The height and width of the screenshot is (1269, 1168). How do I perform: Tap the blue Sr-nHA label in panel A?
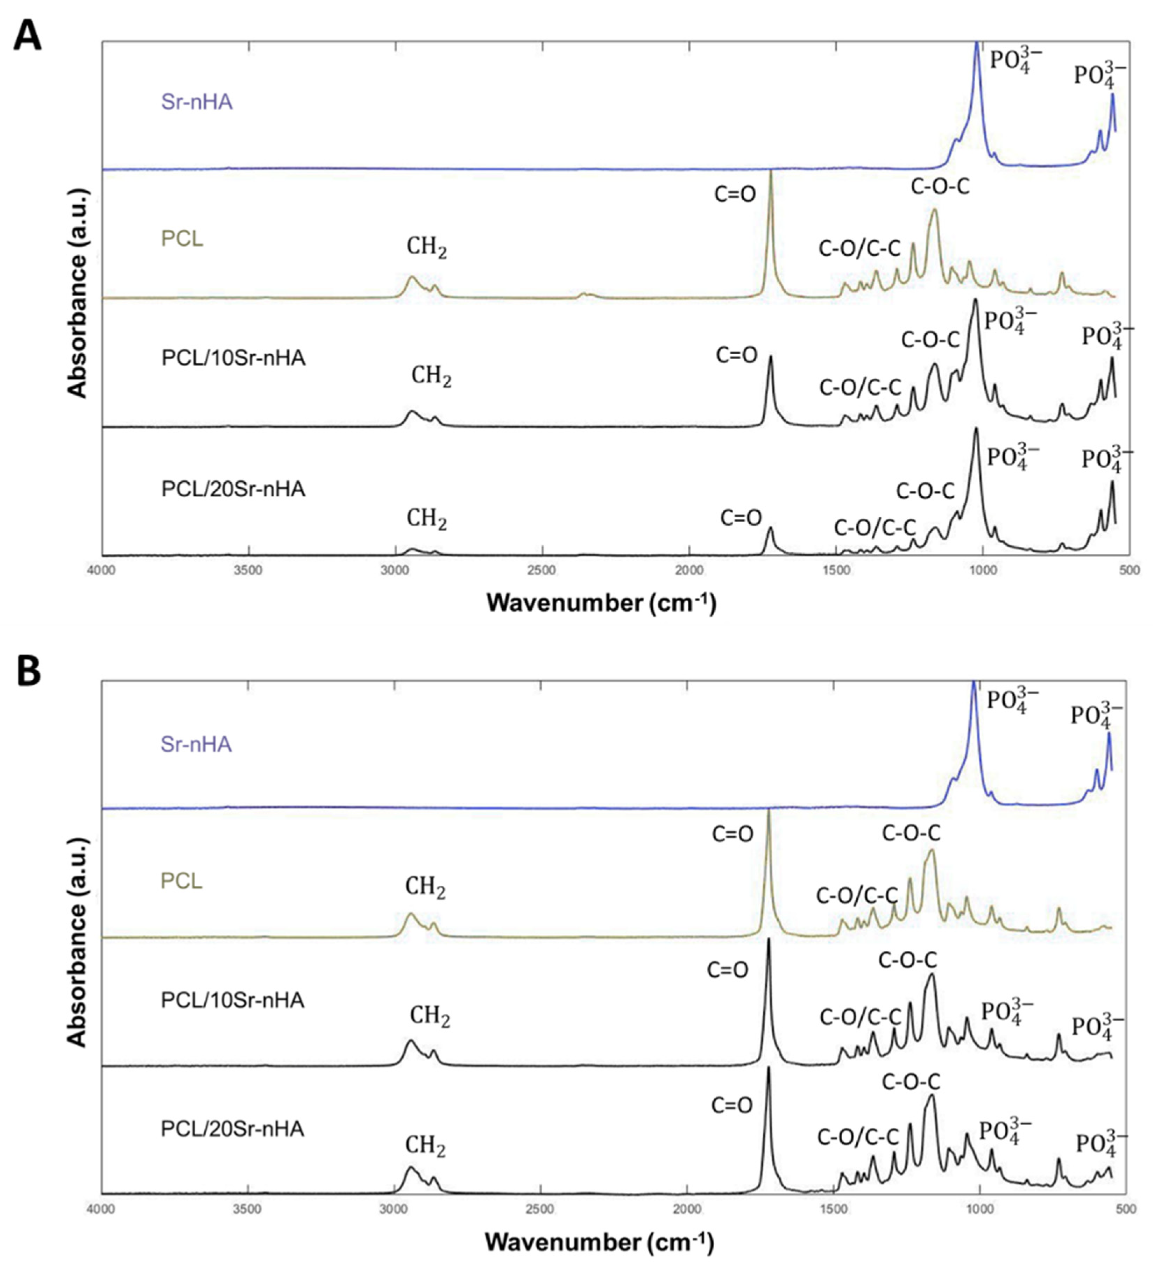click(197, 102)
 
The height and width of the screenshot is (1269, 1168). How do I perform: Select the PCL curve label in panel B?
click(182, 881)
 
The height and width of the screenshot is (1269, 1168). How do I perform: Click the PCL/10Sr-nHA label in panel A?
click(233, 358)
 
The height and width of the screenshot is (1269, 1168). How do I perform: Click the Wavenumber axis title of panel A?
click(601, 603)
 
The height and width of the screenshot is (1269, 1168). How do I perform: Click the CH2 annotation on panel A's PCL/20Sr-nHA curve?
click(427, 519)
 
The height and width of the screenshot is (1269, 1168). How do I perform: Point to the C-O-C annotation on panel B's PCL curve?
click(911, 833)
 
